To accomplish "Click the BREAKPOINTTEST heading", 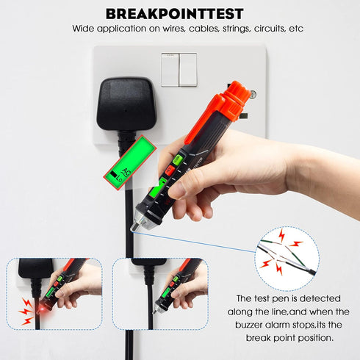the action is tap(175, 14).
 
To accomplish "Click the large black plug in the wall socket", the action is tap(126, 105).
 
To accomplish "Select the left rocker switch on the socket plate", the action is tap(170, 70).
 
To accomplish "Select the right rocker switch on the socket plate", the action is tap(188, 70).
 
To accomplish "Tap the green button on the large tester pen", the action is tap(178, 159).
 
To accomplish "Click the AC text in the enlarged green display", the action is tap(126, 172).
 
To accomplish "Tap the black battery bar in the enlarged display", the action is tap(114, 174).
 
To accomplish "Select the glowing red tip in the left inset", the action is tap(43, 310).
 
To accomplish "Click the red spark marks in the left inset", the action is tap(26, 312).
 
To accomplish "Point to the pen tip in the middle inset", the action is tap(155, 311).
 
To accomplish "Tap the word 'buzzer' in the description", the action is tap(249, 325).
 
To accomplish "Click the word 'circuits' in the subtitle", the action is tap(270, 29).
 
